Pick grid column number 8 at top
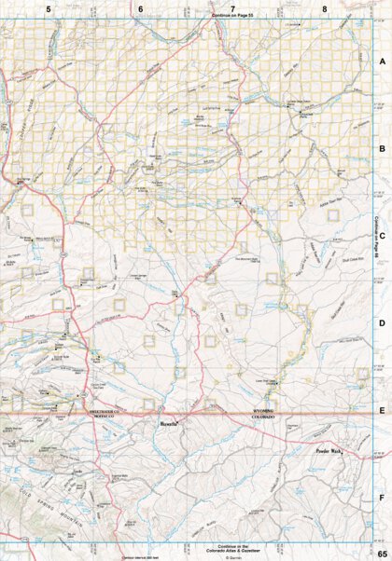click(324, 9)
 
